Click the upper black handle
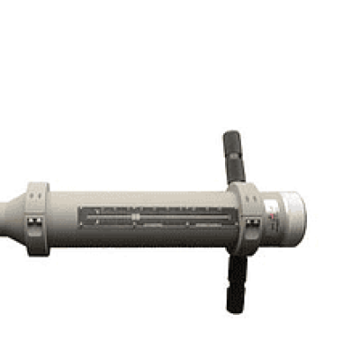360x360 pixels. (x=233, y=157)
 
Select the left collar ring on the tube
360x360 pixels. (x=38, y=218)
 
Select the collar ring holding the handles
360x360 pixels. (x=249, y=219)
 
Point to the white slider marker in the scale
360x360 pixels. (x=134, y=217)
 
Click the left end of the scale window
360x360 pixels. (x=83, y=217)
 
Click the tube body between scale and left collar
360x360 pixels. (x=63, y=216)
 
